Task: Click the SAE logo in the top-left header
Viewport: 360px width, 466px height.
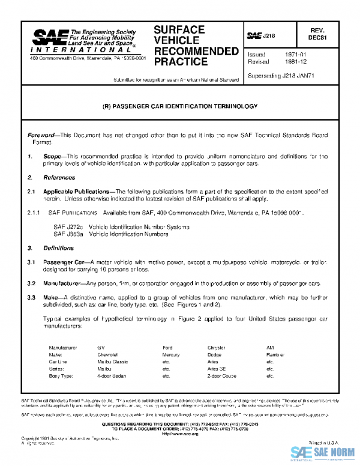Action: coord(46,38)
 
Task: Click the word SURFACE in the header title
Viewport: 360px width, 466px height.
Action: coord(179,29)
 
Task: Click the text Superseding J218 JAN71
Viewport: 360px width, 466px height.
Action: coord(282,76)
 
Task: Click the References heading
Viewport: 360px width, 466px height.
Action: coord(59,178)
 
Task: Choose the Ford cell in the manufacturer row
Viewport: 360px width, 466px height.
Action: coord(167,348)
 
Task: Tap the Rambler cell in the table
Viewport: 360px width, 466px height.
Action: coord(276,355)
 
